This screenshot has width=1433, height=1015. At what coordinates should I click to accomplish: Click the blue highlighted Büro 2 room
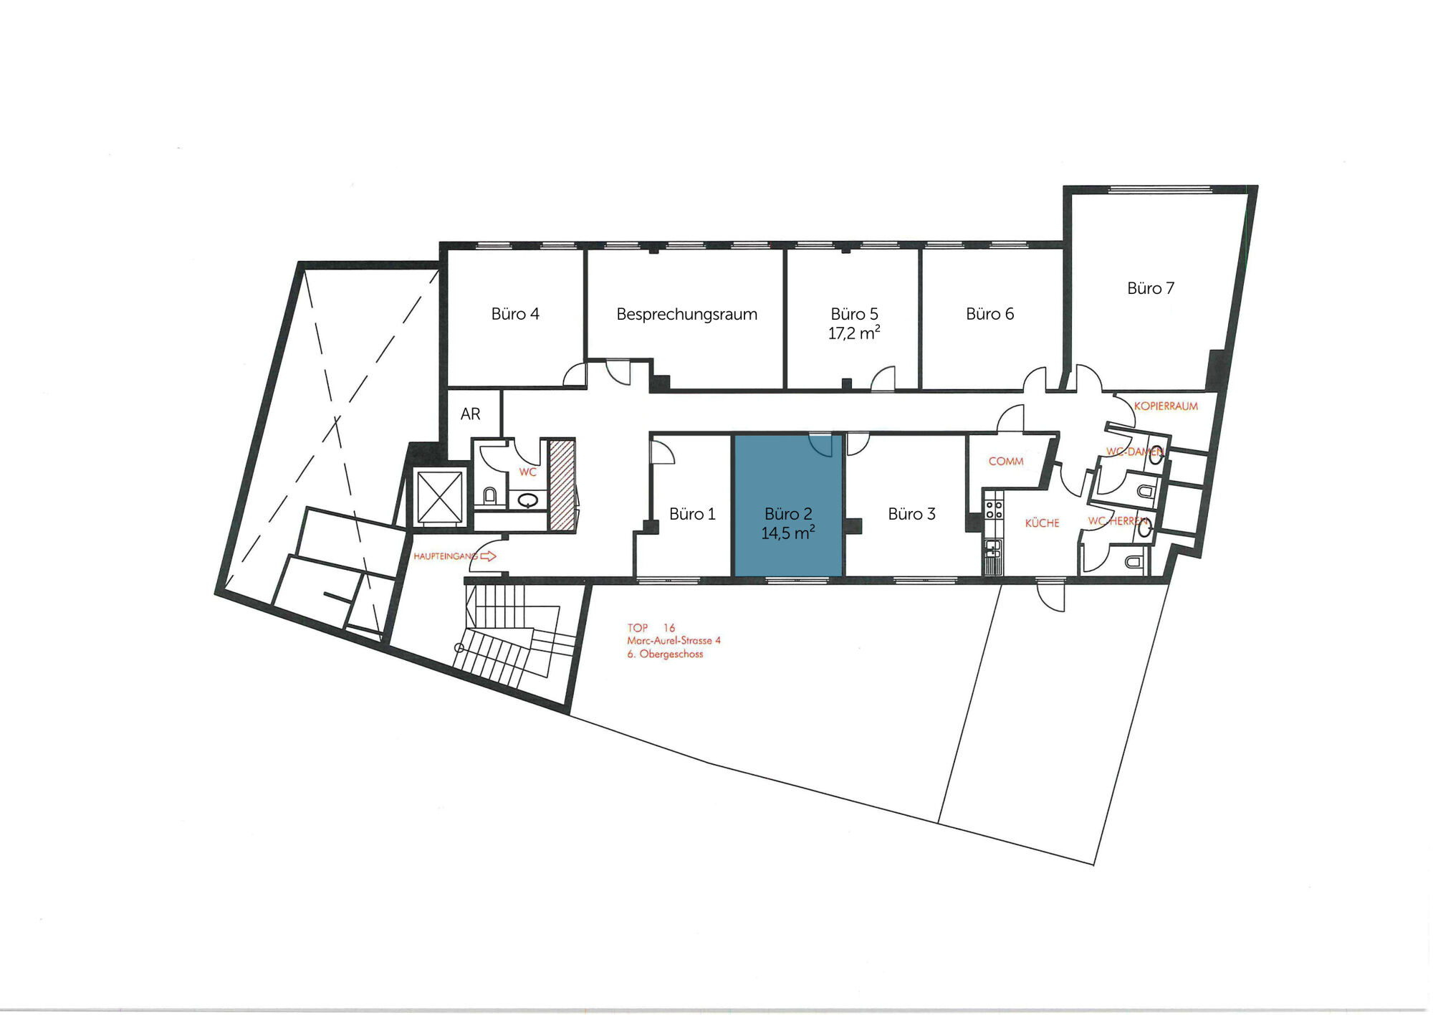tap(788, 505)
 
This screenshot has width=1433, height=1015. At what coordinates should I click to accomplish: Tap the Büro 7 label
tap(1151, 288)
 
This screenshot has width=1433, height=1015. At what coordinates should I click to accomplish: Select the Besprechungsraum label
tap(686, 314)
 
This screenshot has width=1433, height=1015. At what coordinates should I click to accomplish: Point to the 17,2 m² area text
tap(854, 333)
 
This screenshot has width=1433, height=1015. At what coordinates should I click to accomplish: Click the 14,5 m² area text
tap(788, 533)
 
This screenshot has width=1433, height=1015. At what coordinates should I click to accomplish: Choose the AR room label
tap(470, 414)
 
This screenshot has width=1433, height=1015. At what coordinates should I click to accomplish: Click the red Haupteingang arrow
tap(488, 556)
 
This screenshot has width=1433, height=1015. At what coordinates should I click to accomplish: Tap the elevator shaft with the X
tap(439, 497)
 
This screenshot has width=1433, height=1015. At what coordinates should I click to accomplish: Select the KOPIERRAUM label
tap(1166, 406)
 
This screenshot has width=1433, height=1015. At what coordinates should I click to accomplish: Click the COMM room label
tap(1006, 461)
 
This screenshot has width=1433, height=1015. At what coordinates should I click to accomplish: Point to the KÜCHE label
tap(1042, 523)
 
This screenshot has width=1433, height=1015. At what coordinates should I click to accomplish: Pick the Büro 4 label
tap(515, 314)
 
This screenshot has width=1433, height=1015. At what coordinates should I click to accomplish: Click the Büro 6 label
tap(989, 314)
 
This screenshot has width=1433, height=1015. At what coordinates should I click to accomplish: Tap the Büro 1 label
tap(692, 514)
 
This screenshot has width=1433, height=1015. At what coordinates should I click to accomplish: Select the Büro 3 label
tap(911, 514)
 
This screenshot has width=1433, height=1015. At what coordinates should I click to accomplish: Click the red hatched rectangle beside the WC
tap(562, 485)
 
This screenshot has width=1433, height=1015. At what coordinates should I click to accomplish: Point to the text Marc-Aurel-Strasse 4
tap(674, 641)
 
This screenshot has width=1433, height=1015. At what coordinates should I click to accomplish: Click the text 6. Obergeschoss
tap(665, 654)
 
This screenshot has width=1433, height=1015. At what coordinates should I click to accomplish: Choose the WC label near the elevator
tap(527, 472)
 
